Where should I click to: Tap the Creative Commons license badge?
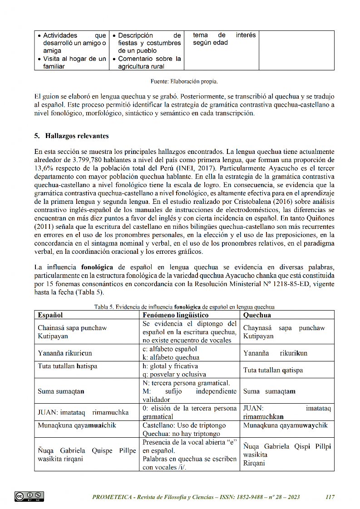pos(30,496)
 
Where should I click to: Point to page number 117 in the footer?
pos(330,497)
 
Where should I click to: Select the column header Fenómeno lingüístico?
pos(175,315)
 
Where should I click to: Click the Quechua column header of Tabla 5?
pos(257,315)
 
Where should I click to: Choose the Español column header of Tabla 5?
pos(50,315)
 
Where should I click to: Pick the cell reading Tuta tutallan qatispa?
pos(273,370)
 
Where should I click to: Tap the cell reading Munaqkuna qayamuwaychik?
pos(285,425)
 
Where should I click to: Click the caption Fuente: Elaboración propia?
pos(184,82)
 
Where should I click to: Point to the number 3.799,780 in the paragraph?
pos(89,160)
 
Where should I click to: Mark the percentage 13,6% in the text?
pos(45,168)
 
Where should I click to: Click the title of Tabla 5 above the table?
pos(184,306)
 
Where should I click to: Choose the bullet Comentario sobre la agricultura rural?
pos(149,63)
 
